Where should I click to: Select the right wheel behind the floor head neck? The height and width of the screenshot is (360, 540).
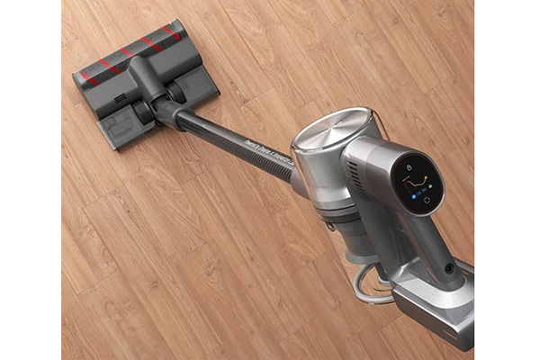click(181, 87)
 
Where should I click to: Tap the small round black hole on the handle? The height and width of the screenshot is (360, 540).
click(449, 269)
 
